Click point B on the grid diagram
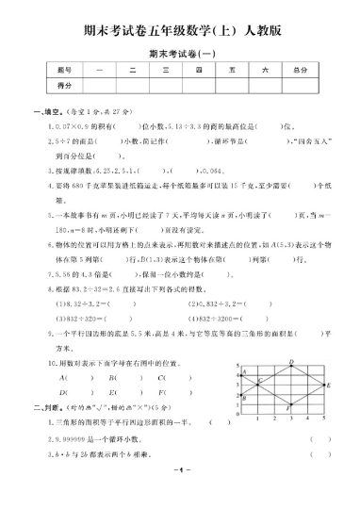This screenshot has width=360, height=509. coord(242,395)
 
